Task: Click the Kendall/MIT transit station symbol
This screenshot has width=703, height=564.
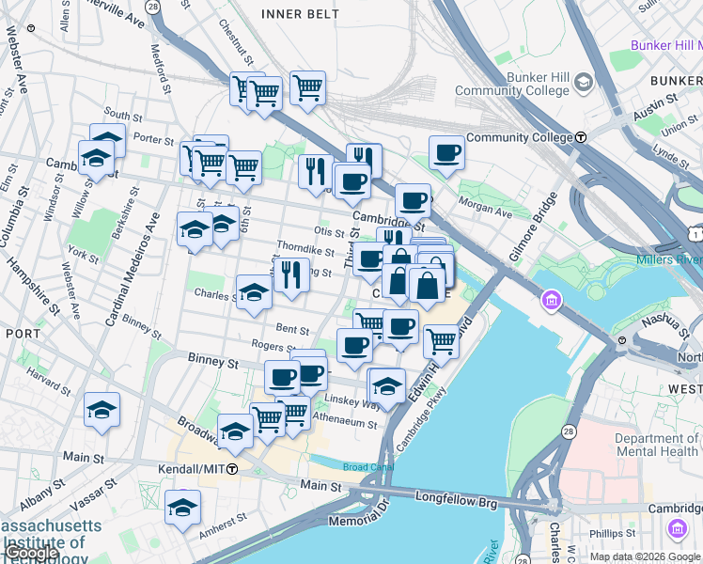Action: (231, 467)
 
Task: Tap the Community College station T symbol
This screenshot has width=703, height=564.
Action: (581, 137)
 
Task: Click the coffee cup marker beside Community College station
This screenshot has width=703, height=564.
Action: (446, 152)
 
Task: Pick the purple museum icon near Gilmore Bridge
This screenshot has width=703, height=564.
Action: (552, 302)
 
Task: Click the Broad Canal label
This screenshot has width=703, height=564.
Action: (363, 467)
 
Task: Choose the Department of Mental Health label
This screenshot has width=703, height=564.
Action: (657, 446)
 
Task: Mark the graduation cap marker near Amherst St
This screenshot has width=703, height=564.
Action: (182, 509)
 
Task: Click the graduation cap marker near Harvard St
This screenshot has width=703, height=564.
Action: (102, 410)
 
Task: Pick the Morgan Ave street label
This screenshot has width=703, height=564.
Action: (485, 206)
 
